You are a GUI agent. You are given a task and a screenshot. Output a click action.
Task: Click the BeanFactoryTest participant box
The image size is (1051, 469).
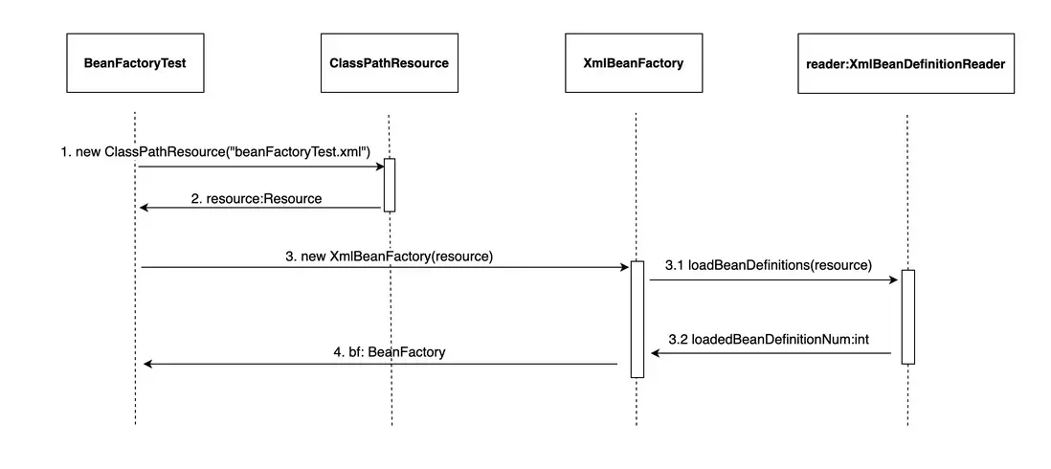[x=135, y=63]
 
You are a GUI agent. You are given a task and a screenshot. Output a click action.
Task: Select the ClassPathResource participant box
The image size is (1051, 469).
[x=389, y=63]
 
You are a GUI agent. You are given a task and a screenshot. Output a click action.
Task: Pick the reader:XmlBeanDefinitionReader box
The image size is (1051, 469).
[x=906, y=63]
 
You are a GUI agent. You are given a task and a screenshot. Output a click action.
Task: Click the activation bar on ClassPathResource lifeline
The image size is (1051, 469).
[x=390, y=185]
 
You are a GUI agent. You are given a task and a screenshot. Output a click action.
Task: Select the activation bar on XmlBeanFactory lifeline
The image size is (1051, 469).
[x=637, y=319]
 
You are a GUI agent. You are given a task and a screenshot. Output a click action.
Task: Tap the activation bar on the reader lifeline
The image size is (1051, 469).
[x=907, y=317]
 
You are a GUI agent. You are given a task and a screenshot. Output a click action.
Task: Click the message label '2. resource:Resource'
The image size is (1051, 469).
[x=257, y=199]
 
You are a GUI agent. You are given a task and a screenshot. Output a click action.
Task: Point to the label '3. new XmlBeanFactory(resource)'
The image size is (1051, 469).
[x=389, y=256]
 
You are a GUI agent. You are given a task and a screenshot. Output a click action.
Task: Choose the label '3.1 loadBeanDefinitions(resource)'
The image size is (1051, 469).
[x=769, y=265]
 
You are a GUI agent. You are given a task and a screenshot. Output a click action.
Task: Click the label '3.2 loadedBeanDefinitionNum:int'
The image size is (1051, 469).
[x=769, y=339]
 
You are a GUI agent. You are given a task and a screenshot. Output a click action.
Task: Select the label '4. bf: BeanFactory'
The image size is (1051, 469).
[x=389, y=352]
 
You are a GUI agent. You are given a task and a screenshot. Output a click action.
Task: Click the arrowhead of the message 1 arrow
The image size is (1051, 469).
[x=379, y=167]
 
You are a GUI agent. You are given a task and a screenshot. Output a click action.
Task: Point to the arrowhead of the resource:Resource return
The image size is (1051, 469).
[x=144, y=208]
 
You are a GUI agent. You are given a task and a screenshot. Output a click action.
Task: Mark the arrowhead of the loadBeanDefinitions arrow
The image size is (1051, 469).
[x=895, y=280]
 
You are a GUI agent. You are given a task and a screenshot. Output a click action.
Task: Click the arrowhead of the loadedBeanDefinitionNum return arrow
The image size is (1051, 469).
[x=656, y=354]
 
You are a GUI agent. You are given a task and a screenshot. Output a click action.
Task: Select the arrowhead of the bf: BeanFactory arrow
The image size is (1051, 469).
[x=147, y=364]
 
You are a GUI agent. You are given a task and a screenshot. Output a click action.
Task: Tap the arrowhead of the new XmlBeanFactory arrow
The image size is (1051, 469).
[x=624, y=268]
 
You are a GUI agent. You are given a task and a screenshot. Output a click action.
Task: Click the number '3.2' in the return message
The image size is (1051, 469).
[x=677, y=339]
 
